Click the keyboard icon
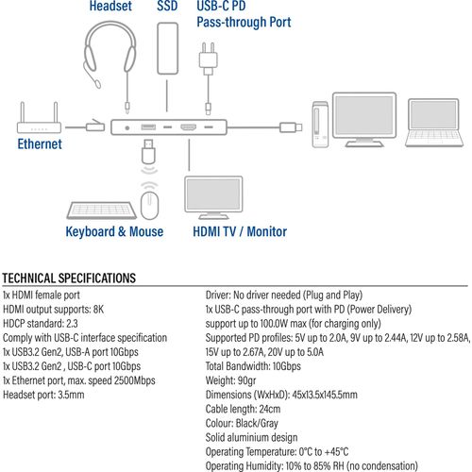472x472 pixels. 100,206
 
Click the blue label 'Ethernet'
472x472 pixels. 40,144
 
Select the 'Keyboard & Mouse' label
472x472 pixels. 114,231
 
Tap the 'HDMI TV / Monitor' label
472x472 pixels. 240,231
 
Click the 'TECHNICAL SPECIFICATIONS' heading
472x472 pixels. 70,278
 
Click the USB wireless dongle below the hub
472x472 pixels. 148,152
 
